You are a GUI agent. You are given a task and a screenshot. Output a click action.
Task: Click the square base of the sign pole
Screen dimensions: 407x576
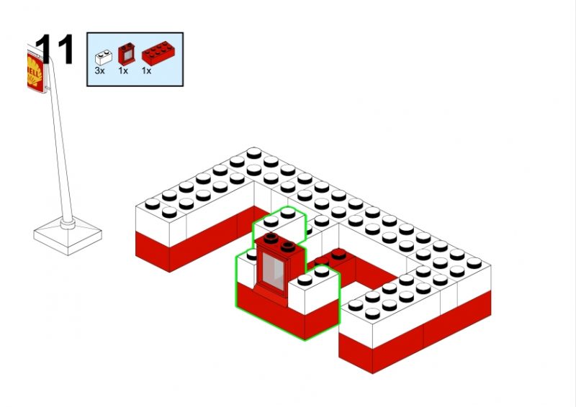click(x=68, y=234)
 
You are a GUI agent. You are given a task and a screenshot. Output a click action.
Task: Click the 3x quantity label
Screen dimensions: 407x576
click(x=99, y=71)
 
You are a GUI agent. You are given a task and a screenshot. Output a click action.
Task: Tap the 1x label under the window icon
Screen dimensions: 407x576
click(x=123, y=71)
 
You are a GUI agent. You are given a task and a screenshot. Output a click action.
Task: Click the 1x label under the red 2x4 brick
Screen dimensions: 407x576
click(x=146, y=71)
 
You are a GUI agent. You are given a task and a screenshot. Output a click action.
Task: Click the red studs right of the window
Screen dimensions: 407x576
click(x=337, y=255)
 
